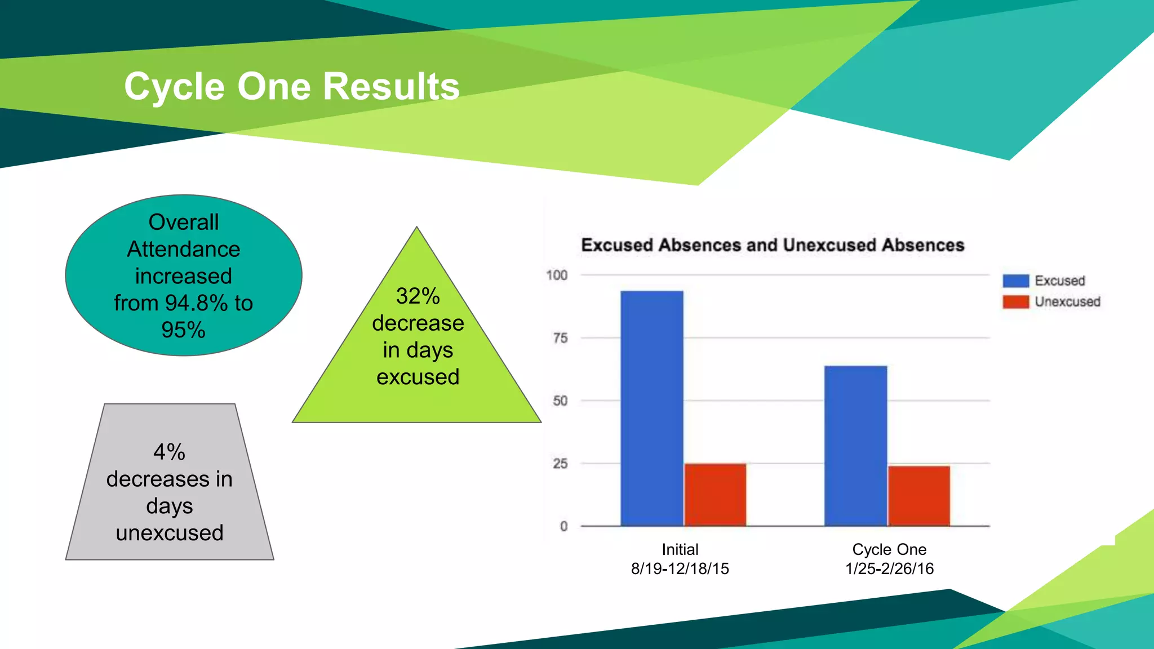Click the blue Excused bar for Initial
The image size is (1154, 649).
[x=652, y=408]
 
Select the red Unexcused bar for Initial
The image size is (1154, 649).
[x=715, y=495]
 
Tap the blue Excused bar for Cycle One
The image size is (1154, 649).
[x=855, y=446]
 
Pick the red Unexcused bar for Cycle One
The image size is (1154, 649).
[x=919, y=496]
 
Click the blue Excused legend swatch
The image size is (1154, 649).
[x=1015, y=281]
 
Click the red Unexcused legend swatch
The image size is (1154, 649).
[x=1015, y=302]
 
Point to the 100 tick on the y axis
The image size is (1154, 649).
[x=557, y=275]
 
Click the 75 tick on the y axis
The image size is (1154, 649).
[x=560, y=338]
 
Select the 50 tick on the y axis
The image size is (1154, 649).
[x=560, y=401]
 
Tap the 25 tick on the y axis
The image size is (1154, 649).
[x=560, y=464]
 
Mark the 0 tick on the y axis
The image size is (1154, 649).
[x=563, y=526]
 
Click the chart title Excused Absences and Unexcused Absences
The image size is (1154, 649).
[x=773, y=245]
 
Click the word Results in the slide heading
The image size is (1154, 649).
[x=391, y=87]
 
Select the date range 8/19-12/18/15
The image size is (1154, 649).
[x=680, y=568]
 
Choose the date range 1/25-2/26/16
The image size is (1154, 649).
[x=889, y=568]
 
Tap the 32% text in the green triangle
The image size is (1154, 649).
[x=418, y=296]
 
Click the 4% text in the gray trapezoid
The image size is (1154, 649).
[x=169, y=452]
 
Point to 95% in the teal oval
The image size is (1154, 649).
[x=183, y=330]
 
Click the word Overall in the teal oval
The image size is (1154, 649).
[x=183, y=222]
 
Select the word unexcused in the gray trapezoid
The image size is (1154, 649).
[x=169, y=532]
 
